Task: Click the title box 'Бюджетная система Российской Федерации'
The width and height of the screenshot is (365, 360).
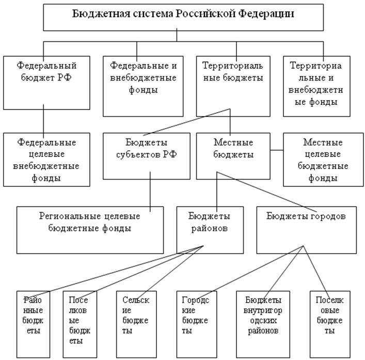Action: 183,17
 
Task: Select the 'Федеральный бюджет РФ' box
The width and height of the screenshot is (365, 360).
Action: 46,83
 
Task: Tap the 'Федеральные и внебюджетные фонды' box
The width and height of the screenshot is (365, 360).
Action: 143,86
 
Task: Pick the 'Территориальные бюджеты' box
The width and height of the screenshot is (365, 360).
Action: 233,86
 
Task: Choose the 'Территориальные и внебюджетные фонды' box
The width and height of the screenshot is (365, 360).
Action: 316,86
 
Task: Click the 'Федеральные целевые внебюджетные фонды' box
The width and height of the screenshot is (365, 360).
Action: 46,160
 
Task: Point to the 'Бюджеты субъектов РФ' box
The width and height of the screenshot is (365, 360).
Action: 147,156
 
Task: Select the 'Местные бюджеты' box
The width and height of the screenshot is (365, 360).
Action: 233,156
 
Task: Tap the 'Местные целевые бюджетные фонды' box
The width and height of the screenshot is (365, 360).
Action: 323,160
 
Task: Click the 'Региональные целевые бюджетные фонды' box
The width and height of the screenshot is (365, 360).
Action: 90,230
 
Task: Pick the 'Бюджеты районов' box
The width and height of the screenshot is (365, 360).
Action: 210,230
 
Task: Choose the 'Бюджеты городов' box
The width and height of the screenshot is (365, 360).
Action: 306,230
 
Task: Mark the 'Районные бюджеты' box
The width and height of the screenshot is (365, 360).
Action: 33,324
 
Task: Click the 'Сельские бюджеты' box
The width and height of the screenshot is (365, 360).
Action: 136,324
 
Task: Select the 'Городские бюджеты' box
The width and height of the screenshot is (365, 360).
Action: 197,324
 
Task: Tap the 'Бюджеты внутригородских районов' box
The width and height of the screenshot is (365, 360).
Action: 263,324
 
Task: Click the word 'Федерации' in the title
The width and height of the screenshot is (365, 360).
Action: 266,14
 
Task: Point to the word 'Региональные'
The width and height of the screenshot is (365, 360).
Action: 70,216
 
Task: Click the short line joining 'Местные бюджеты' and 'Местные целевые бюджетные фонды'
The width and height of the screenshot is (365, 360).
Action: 277,150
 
